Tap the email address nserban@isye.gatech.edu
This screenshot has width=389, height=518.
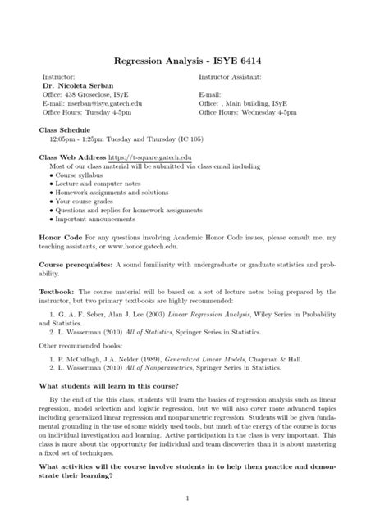pos(103,104)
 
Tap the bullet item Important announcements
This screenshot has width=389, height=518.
pos(94,220)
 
